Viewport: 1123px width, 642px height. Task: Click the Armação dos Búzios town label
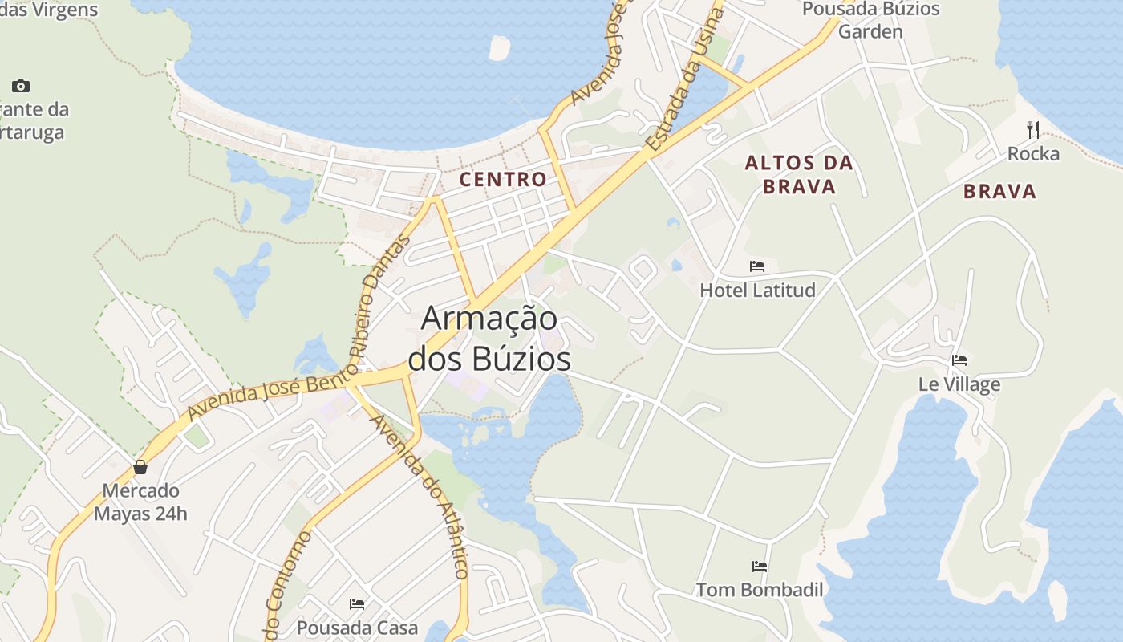(x=489, y=338)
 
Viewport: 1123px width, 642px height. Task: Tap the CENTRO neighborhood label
(x=503, y=179)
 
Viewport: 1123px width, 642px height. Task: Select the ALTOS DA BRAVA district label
(x=798, y=174)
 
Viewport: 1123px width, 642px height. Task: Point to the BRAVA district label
(x=999, y=191)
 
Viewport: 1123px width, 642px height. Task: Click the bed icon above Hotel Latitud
(x=757, y=266)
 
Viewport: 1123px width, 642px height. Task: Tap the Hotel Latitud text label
(x=757, y=290)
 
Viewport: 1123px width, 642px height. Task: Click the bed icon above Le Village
(x=959, y=360)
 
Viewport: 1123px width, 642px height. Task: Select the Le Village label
(x=959, y=384)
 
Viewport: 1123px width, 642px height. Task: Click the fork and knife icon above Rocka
(x=1033, y=129)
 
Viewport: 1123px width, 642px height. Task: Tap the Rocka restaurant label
(x=1033, y=153)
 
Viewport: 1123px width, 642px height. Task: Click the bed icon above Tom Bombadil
(x=760, y=567)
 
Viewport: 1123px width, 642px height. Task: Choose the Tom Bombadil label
(x=760, y=590)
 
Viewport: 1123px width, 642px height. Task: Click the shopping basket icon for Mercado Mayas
(x=140, y=467)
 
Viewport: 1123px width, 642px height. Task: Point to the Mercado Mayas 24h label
(x=140, y=502)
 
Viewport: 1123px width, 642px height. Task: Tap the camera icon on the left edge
(x=21, y=86)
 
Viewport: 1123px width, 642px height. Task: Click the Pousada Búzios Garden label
(x=870, y=20)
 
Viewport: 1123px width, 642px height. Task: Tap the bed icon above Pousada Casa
(x=357, y=603)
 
